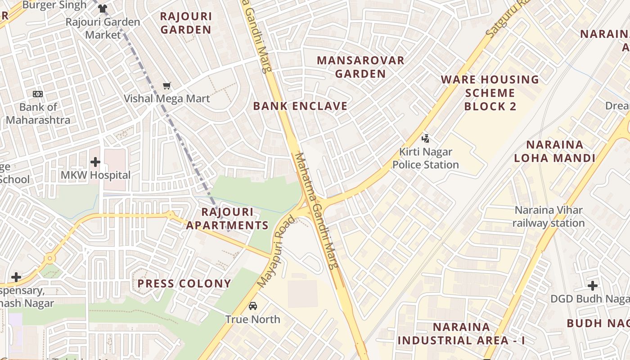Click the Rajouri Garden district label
[186, 23]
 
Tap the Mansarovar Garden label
[360, 67]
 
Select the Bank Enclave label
[300, 106]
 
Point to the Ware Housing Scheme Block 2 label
[490, 93]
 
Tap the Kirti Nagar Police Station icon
[425, 139]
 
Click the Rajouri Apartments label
[227, 218]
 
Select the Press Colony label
[184, 283]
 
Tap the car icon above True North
[253, 306]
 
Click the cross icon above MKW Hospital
[95, 162]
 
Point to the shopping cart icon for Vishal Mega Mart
[167, 85]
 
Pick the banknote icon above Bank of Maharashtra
[38, 94]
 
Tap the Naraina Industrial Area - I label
[461, 333]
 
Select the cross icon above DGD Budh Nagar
[593, 285]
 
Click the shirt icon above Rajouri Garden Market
[103, 9]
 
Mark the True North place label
[253, 319]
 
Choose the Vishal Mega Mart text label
[167, 99]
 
